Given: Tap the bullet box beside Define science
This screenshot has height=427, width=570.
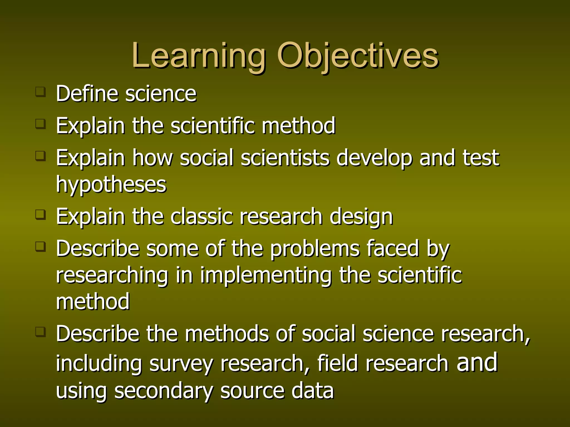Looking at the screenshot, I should [41, 92].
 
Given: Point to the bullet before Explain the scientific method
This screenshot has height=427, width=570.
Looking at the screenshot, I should [41, 124].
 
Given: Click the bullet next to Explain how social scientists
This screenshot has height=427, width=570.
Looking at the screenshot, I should [41, 156].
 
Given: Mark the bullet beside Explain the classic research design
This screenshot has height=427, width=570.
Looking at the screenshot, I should [41, 215].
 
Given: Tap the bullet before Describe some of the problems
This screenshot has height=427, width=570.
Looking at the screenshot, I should [41, 246].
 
